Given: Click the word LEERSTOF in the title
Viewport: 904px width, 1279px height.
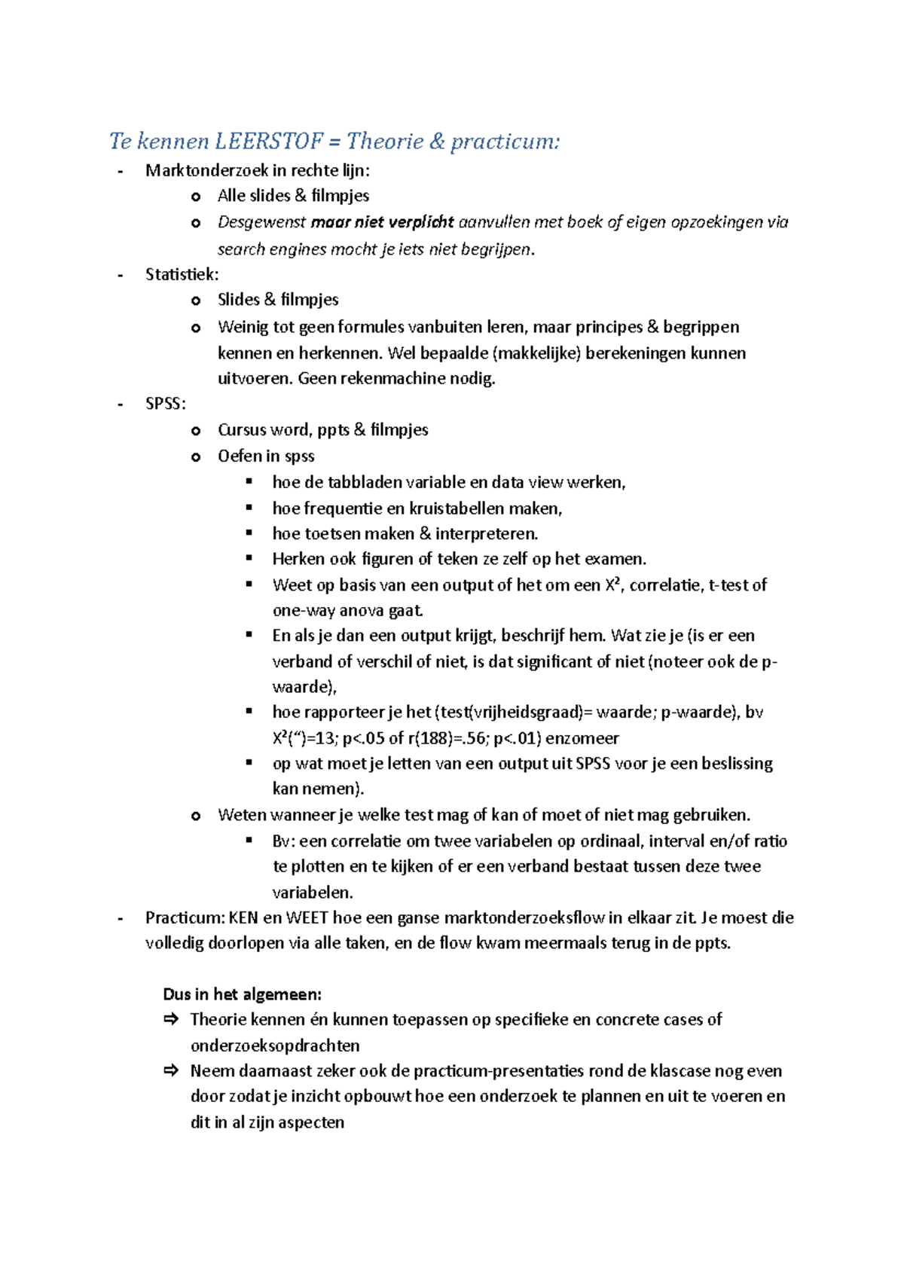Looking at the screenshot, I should [x=269, y=141].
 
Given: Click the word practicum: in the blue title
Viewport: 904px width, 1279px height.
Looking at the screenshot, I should [x=505, y=141].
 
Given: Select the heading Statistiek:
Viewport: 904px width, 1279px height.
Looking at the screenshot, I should [x=182, y=274].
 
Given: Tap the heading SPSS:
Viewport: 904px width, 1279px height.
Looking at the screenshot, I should [x=165, y=404].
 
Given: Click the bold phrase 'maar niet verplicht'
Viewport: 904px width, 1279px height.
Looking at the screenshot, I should [x=382, y=222].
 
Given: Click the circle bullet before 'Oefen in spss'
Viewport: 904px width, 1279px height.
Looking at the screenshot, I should [x=196, y=457].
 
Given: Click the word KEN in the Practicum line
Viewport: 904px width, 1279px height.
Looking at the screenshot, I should [x=243, y=918].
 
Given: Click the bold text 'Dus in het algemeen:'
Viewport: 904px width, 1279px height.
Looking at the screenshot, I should [x=242, y=994].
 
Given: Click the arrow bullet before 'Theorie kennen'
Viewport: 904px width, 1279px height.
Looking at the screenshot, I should [x=171, y=1019].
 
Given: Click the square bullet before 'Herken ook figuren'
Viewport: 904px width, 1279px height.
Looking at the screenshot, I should [x=249, y=558].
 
